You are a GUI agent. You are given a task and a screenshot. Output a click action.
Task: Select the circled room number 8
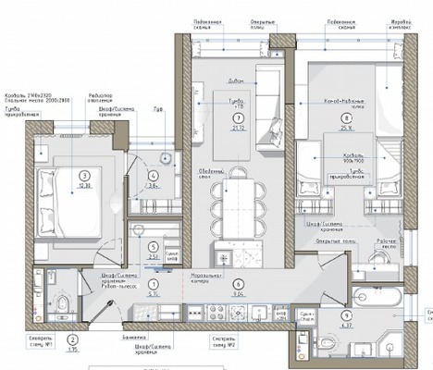click(346, 118)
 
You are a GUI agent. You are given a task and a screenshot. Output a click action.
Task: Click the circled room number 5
click(154, 246)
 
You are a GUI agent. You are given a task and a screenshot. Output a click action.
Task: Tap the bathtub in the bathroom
click(377, 299)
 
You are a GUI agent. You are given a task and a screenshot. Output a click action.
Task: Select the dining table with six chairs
click(229, 204)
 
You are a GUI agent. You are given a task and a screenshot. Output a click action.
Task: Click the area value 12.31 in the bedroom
click(84, 185)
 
